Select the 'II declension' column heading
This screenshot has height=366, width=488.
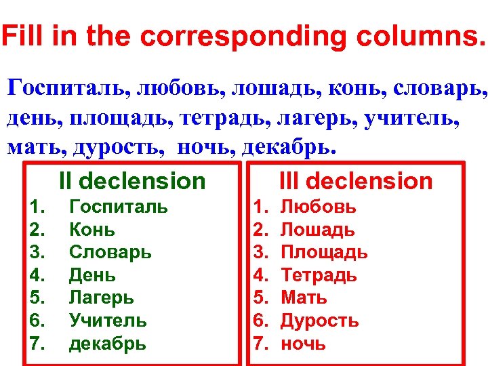pos(131,181)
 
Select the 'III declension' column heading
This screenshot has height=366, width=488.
pos(356,181)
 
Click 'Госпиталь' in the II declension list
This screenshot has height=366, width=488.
pos(119,207)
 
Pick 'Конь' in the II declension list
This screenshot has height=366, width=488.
pos(92,230)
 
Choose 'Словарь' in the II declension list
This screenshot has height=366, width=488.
pos(110,252)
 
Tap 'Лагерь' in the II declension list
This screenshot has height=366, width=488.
pos(102,298)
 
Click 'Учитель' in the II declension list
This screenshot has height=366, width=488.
pos(108,321)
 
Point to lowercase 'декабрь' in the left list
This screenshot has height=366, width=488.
pos(107,343)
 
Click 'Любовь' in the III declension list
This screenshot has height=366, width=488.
pos(318,207)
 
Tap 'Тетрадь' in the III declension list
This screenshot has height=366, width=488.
pos(319,275)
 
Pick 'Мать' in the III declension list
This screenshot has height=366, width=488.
pos(304,298)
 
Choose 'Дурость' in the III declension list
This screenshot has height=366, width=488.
pos(319,321)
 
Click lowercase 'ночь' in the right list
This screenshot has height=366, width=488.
pos(303,343)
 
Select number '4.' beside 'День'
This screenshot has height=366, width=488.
pos(37,275)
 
